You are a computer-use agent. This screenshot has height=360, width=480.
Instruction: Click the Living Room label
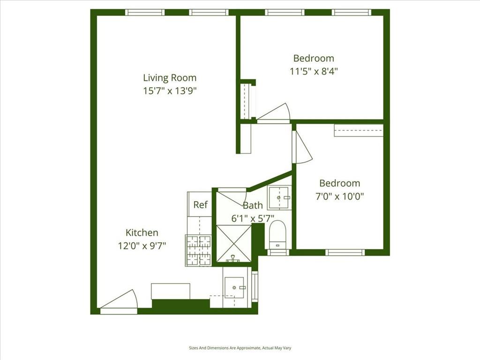coord(170,78)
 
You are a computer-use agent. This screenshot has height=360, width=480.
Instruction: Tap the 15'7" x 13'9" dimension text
coord(170,91)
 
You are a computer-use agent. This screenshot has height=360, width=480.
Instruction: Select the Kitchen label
coord(142,232)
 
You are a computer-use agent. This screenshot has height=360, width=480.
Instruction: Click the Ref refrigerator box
coord(200,205)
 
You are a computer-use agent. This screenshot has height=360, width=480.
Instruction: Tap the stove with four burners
coord(199,250)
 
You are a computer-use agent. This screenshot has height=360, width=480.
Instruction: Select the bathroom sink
coord(279,198)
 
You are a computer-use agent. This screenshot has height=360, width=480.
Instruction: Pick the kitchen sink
coord(234,287)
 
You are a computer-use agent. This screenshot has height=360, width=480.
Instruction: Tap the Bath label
coord(253,205)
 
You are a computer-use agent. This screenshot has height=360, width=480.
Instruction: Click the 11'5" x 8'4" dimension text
coord(314,71)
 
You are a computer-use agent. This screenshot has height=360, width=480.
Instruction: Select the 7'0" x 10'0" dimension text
coord(340,196)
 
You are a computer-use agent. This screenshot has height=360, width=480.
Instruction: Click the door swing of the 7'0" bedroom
coord(301,148)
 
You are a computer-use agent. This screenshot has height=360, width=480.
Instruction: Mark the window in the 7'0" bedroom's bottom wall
coord(345,252)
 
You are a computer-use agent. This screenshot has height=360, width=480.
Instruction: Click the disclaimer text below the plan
coord(240,348)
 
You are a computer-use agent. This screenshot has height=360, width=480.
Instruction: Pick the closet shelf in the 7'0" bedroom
coord(359,130)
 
